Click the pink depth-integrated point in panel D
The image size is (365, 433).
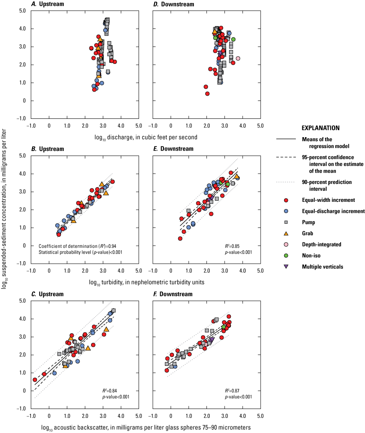[238, 58]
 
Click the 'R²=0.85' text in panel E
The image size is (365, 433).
[240, 246]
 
